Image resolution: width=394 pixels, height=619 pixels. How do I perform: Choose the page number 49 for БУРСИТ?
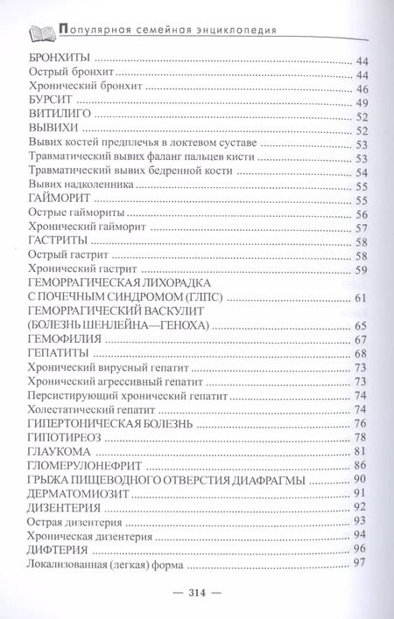click(359, 101)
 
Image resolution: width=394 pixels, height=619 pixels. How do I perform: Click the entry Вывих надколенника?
click(81, 185)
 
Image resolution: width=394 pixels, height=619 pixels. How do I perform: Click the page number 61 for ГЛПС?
click(359, 300)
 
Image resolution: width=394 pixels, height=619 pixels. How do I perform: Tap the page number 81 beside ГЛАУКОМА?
click(359, 451)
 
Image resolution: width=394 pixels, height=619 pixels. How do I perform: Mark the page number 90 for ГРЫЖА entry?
click(359, 479)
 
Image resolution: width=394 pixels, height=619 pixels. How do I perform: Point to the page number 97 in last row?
click(359, 563)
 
